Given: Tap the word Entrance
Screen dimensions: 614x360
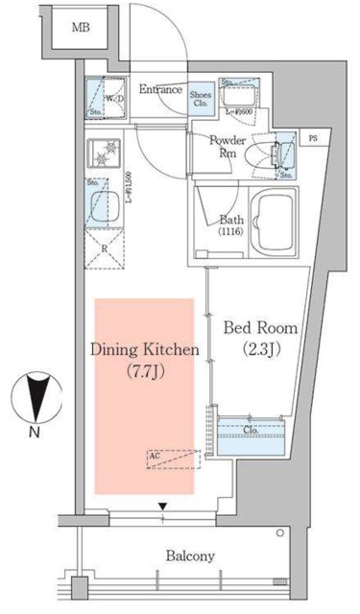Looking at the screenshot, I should (x=160, y=89).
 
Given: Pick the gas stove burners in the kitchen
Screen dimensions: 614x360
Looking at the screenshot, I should (x=102, y=153).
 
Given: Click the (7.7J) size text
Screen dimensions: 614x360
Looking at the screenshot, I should (x=145, y=371).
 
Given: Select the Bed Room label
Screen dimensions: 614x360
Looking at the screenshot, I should (x=260, y=328).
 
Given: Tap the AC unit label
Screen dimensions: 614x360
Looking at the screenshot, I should (x=154, y=460).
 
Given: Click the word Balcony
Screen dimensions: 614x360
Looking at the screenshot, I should (x=190, y=555).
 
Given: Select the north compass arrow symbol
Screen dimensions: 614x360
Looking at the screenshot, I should (x=36, y=399).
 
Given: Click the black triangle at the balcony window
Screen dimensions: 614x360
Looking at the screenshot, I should (x=162, y=506).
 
